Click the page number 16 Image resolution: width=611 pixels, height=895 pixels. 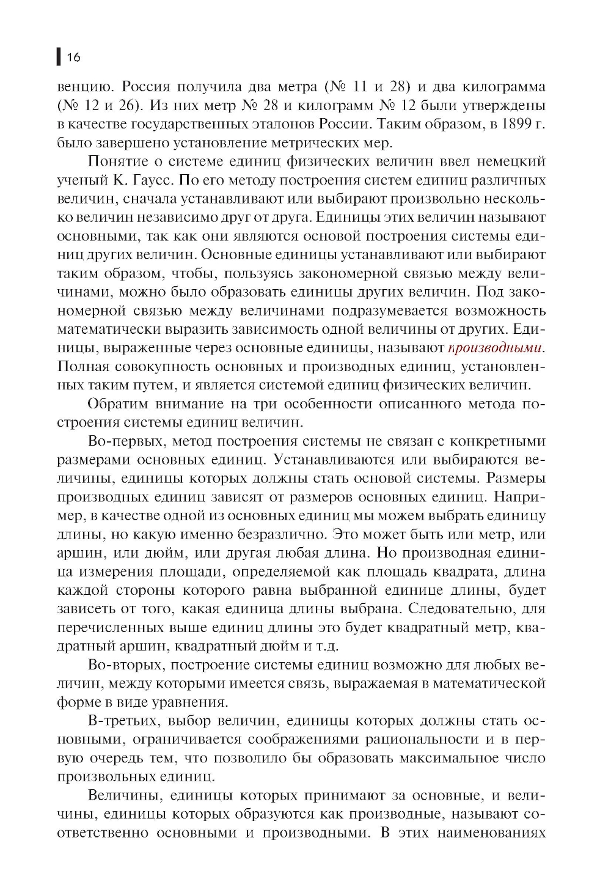click(73, 57)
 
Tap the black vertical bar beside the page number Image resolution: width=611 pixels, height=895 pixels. click(59, 57)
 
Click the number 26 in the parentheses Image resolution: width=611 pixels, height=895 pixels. click(126, 105)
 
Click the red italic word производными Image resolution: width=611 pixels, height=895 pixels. click(495, 348)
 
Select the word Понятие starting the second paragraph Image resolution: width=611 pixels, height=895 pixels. click(119, 161)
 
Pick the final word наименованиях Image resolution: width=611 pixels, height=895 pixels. click(491, 833)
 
